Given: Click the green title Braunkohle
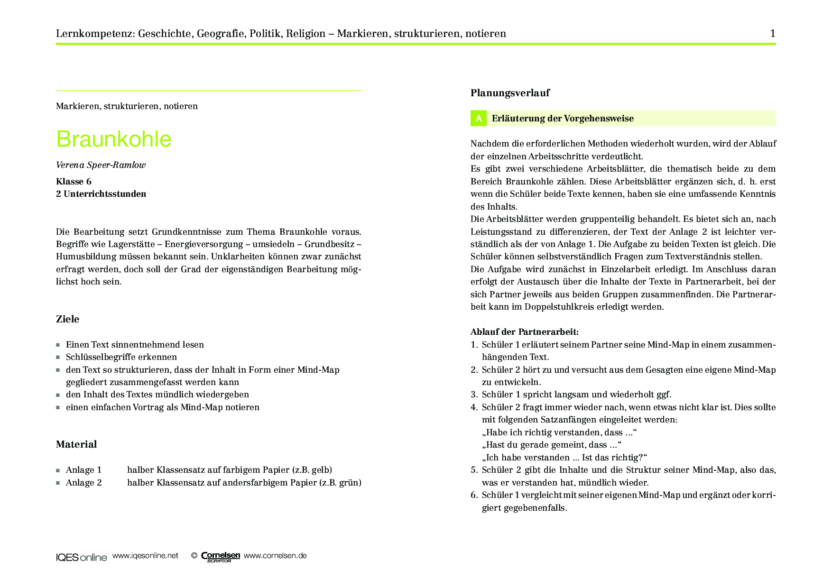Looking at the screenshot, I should (x=114, y=139).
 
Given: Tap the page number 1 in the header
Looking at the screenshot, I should (x=773, y=33).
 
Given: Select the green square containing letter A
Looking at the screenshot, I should (x=478, y=119).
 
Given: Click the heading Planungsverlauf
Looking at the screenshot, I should (x=510, y=93).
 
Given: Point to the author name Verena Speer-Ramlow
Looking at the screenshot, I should (x=101, y=165).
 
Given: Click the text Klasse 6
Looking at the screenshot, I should (x=74, y=182).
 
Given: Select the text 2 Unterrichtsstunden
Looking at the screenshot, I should (x=101, y=194).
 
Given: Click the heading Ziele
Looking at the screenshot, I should (x=67, y=319).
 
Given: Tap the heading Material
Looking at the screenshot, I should (x=76, y=444).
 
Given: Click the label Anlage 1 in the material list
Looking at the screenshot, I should (x=83, y=470).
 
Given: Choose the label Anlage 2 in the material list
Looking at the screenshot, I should (x=83, y=483).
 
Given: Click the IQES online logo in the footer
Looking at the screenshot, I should (x=82, y=557).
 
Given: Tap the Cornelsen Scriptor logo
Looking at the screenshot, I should (x=220, y=556).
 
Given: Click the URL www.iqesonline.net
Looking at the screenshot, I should (x=145, y=556).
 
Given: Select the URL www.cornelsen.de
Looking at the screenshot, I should (x=275, y=556).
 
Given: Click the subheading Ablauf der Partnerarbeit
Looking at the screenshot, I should (x=525, y=332).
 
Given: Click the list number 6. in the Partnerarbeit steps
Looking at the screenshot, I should (x=474, y=495).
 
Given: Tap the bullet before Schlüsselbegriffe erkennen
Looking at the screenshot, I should (x=58, y=358).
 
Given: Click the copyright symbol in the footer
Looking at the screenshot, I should (x=194, y=556).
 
